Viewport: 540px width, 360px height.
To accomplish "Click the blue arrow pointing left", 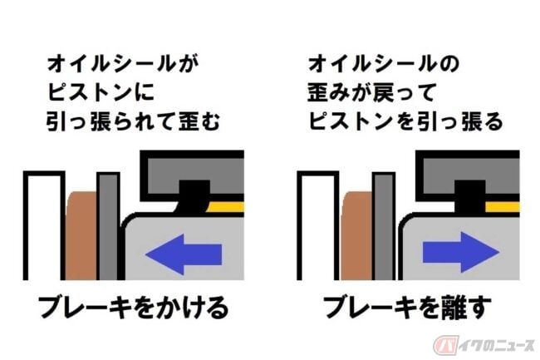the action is [184, 254].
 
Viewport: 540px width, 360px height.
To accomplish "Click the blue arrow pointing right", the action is [461, 252].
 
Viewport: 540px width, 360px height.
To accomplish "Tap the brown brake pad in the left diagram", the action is [81, 235].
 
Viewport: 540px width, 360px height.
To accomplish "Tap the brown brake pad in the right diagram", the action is [356, 235].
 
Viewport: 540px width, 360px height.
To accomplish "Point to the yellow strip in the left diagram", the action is [226, 207].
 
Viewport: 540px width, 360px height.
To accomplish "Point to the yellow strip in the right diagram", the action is [503, 207].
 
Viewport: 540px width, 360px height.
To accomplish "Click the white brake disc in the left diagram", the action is [44, 226].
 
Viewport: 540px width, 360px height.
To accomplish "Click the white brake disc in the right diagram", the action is [318, 226].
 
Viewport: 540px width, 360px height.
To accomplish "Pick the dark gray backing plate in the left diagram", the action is [109, 226].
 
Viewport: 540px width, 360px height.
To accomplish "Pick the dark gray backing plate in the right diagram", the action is [384, 226].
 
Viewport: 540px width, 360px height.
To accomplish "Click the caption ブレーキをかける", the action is [133, 308].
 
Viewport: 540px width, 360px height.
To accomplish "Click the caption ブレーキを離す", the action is [407, 308].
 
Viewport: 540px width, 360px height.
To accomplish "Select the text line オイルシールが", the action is [123, 64].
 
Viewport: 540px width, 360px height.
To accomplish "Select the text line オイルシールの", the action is [384, 64].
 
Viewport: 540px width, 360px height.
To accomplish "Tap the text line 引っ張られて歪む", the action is [133, 121].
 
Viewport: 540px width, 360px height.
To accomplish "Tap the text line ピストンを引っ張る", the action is [405, 121].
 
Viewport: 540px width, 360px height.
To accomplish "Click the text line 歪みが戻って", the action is [371, 93].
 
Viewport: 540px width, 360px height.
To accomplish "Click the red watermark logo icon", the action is [445, 345].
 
